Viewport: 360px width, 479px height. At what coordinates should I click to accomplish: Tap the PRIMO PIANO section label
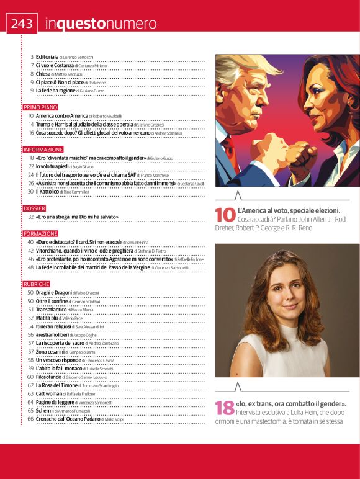coord(40,107)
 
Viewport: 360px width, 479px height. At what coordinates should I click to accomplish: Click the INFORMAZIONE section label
coord(43,150)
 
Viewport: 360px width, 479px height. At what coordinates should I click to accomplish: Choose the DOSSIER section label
coord(34,208)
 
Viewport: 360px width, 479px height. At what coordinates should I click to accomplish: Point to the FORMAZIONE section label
coord(40,233)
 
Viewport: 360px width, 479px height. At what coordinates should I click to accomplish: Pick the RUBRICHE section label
coord(37,284)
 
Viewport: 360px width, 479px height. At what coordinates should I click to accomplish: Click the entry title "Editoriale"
coord(47,57)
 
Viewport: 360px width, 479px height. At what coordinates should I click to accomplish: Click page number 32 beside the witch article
coord(30,217)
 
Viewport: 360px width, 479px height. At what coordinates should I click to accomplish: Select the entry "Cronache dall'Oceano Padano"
coord(66,419)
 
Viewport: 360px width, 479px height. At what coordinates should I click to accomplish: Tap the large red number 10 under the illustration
coord(225,215)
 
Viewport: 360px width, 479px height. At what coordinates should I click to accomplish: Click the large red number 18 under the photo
coord(225,408)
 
